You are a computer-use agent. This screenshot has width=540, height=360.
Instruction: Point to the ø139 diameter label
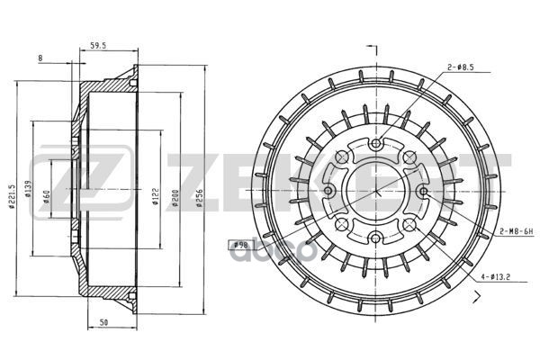tap(28, 190)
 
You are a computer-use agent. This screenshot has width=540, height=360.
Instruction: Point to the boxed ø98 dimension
tap(240, 244)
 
